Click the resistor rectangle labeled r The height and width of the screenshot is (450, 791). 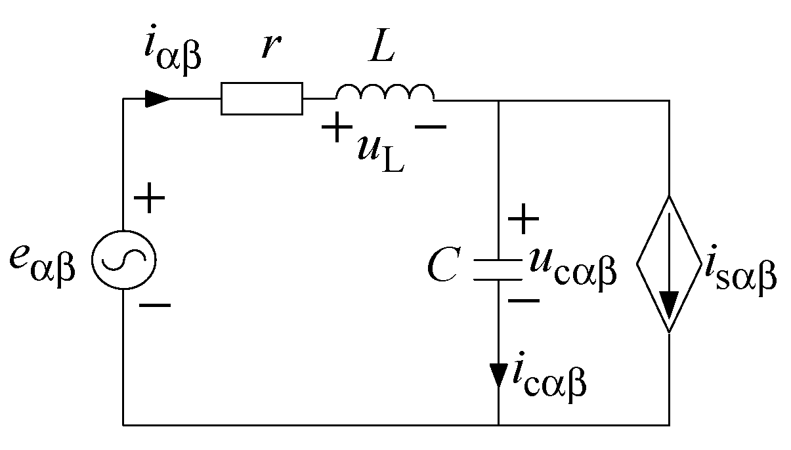pos(262,98)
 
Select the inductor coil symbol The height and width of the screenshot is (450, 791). pos(384,94)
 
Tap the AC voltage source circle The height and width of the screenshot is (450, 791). pos(123,260)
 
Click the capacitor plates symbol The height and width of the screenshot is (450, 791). pos(498,270)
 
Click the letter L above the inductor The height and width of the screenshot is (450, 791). pos(381,48)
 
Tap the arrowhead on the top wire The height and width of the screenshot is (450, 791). pos(158,98)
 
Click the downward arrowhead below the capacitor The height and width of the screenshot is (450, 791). pos(498,375)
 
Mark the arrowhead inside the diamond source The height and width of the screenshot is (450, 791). pos(669,305)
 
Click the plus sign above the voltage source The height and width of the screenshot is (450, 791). pos(150,199)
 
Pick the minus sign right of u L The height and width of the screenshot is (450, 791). pos(430,127)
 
